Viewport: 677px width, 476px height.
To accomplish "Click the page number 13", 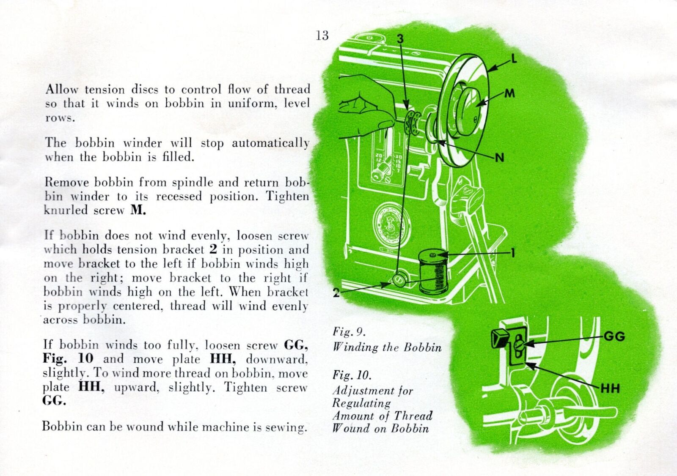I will click(322, 35).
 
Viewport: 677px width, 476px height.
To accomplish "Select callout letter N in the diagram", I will click(499, 158).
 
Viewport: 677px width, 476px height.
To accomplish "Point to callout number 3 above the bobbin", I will click(400, 38).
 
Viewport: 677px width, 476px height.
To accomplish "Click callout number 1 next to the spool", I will click(513, 253).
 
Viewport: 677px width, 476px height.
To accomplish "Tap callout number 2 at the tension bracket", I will click(336, 293).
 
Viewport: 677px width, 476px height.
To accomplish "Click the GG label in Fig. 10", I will click(614, 336).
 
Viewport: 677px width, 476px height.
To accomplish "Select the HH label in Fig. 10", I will click(610, 388).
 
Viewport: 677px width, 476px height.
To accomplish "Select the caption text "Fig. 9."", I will click(349, 331).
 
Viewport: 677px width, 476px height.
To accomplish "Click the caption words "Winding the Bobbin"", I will click(387, 347).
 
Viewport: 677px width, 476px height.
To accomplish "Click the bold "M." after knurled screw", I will click(138, 210).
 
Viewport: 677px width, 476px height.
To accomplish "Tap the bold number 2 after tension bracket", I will click(213, 249).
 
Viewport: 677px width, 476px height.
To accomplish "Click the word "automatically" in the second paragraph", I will click(270, 143).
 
